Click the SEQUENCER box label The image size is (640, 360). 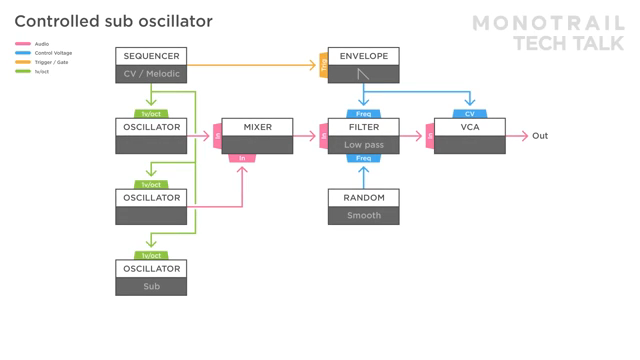pyautogui.click(x=151, y=56)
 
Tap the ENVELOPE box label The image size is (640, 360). pyautogui.click(x=363, y=56)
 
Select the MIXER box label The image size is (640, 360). pyautogui.click(x=257, y=127)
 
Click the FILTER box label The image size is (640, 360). pyautogui.click(x=363, y=127)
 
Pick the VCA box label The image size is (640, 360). pyautogui.click(x=470, y=127)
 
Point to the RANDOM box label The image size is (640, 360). pyautogui.click(x=363, y=198)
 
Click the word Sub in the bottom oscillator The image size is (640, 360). pyautogui.click(x=151, y=286)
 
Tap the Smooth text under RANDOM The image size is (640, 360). pyautogui.click(x=363, y=215)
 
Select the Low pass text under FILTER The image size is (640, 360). pyautogui.click(x=363, y=145)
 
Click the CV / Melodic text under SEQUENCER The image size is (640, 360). pyautogui.click(x=151, y=74)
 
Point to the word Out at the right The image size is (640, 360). pyautogui.click(x=540, y=136)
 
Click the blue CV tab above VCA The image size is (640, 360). pyautogui.click(x=470, y=114)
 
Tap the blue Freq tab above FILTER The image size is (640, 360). pyautogui.click(x=363, y=114)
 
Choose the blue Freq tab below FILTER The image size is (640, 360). pyautogui.click(x=363, y=158)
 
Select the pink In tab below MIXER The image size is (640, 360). pyautogui.click(x=242, y=158)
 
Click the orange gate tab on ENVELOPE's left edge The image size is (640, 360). pyautogui.click(x=323, y=66)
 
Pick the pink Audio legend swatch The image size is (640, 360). pyautogui.click(x=23, y=44)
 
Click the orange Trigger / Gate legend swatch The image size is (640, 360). pyautogui.click(x=23, y=62)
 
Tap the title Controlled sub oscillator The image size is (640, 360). pyautogui.click(x=113, y=21)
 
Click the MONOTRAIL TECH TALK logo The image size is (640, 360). pyautogui.click(x=547, y=33)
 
